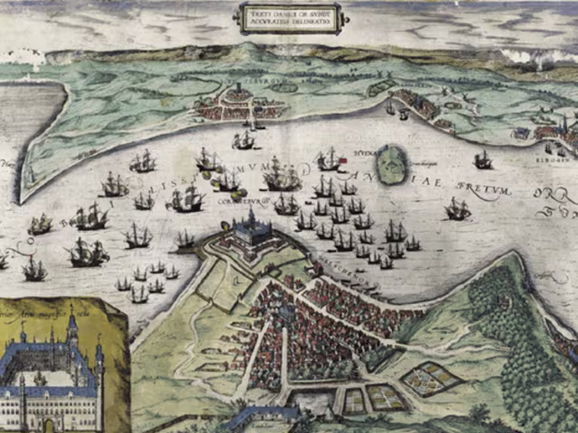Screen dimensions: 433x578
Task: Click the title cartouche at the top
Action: [x=289, y=17]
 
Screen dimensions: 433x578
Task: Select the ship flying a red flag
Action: [x=331, y=161]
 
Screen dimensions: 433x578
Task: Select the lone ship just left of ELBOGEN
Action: [x=483, y=161]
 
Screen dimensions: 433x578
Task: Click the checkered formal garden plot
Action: [x=422, y=379]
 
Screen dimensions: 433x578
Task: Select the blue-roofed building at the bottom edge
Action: [x=262, y=416]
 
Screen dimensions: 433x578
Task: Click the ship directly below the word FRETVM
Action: [x=458, y=210]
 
